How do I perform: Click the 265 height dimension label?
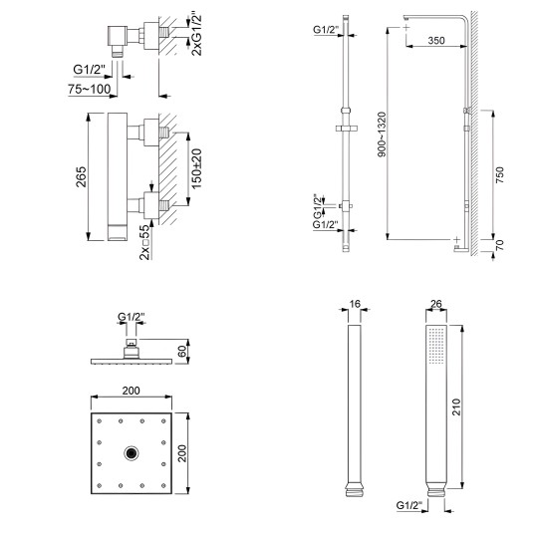pyautogui.click(x=81, y=176)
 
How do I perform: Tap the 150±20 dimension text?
pyautogui.click(x=196, y=168)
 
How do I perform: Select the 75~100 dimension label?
pyautogui.click(x=90, y=90)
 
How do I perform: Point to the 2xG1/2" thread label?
pyautogui.click(x=196, y=35)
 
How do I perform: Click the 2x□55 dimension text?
pyautogui.click(x=144, y=242)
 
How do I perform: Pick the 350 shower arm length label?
pyautogui.click(x=436, y=41)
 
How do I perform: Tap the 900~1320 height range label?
pyautogui.click(x=382, y=134)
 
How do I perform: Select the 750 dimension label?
pyautogui.click(x=499, y=174)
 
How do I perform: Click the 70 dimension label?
pyautogui.click(x=499, y=245)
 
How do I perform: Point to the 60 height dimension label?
pyautogui.click(x=182, y=352)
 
